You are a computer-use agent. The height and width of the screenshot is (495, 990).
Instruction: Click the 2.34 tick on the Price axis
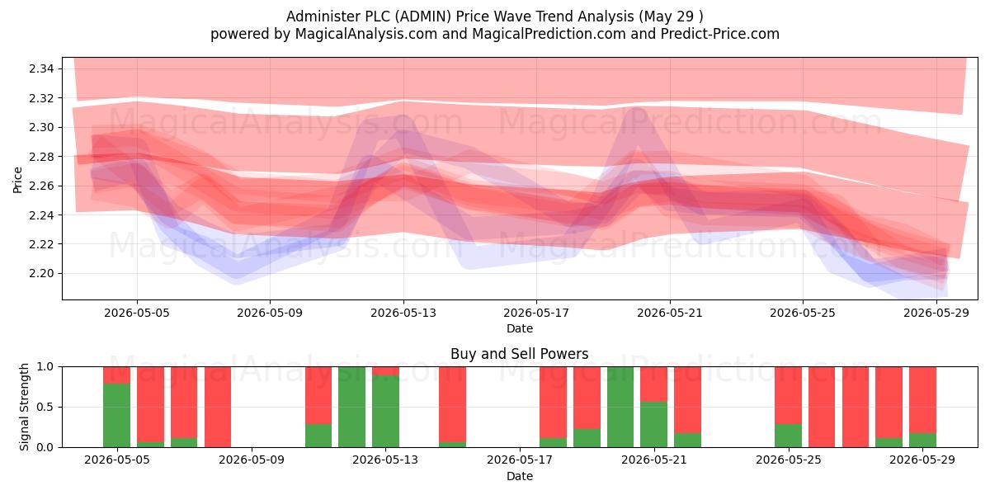tap(41, 68)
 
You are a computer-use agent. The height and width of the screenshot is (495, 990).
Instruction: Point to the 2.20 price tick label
tap(41, 274)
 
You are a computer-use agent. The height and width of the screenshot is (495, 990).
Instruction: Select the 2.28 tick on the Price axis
tap(41, 157)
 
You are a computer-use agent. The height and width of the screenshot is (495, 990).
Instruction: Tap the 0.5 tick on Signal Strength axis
tap(45, 407)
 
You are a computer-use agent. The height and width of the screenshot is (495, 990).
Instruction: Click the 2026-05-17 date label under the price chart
tap(536, 313)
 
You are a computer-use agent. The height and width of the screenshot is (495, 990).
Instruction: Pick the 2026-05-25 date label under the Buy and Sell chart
tap(789, 460)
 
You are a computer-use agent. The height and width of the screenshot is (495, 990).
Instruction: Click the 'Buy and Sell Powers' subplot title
tap(519, 354)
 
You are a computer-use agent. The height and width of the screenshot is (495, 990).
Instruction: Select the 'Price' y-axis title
tap(17, 180)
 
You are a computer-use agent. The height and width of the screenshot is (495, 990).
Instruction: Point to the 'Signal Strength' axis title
tap(24, 407)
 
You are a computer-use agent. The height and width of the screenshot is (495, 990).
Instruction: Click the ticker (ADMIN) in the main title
tap(422, 16)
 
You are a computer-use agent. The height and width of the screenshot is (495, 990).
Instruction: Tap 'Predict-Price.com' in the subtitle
tap(719, 34)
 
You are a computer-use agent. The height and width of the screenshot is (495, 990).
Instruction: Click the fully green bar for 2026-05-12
tap(351, 407)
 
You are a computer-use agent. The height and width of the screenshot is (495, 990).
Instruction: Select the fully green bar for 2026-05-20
tap(620, 407)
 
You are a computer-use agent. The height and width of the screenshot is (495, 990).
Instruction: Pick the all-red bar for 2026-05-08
tap(218, 407)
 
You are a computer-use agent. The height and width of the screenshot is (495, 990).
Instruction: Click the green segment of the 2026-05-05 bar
tap(116, 415)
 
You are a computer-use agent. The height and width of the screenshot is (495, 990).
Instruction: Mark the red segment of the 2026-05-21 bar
tap(687, 400)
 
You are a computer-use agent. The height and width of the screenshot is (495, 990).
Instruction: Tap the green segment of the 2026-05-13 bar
tap(385, 411)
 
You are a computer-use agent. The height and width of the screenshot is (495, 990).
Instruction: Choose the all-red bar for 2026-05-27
tap(856, 407)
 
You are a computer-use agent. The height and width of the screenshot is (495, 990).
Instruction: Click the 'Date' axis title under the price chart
tap(519, 328)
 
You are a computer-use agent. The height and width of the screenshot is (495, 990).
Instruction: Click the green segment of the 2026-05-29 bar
tap(922, 440)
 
